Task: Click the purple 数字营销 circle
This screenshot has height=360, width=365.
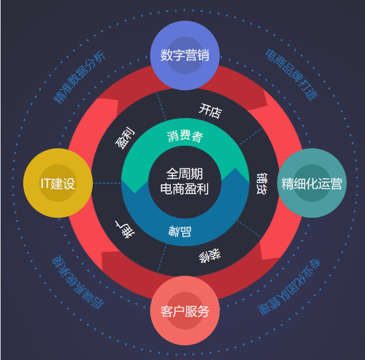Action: click(x=185, y=56)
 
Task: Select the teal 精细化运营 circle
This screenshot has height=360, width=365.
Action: click(x=312, y=183)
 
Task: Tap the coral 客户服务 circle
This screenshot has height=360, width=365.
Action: click(x=185, y=311)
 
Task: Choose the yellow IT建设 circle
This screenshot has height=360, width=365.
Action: click(x=58, y=183)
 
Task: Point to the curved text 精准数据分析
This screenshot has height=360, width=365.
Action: click(x=79, y=77)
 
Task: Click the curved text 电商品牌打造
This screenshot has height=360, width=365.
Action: click(x=291, y=75)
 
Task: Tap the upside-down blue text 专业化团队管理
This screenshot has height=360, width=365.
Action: click(x=289, y=287)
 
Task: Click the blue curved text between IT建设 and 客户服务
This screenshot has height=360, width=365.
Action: click(x=78, y=282)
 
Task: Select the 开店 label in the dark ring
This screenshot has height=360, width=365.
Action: click(x=211, y=111)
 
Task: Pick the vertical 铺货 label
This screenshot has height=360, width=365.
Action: click(x=262, y=184)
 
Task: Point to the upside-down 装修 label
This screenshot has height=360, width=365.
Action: click(x=210, y=256)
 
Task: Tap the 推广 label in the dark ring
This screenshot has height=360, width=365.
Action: click(x=125, y=229)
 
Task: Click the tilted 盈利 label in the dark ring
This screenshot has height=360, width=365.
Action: click(x=125, y=138)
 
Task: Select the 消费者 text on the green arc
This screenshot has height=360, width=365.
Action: click(x=185, y=136)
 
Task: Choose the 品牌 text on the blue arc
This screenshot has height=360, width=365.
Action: click(x=180, y=231)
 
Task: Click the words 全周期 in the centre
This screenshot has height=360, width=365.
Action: click(x=184, y=174)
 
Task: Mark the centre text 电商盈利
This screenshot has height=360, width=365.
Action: click(x=184, y=189)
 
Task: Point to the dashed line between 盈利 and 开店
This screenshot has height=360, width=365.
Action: click(x=162, y=107)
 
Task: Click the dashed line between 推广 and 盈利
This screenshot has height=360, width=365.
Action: click(x=107, y=183)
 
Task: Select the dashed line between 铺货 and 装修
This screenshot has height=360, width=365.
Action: click(x=249, y=228)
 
